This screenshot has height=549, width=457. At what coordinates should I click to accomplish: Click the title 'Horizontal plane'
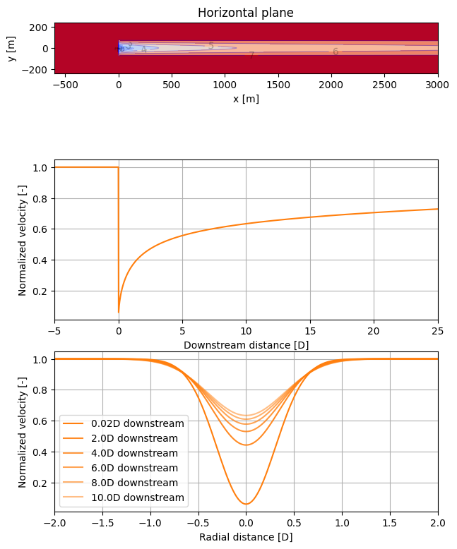[246, 13]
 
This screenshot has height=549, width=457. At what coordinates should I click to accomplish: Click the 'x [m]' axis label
[246, 98]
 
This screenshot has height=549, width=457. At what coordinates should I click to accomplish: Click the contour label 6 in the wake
[336, 52]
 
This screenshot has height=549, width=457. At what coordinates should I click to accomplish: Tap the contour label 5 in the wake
[210, 46]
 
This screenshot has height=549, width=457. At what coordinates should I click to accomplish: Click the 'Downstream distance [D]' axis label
[246, 345]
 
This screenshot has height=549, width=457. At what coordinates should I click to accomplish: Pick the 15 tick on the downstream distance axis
[310, 332]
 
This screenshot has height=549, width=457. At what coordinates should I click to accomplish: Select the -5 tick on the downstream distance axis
[54, 332]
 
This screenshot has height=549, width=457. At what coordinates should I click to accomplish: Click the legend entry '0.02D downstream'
[137, 423]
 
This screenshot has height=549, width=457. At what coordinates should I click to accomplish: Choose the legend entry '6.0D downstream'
[137, 468]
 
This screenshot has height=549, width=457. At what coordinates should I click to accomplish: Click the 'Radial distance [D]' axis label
[246, 537]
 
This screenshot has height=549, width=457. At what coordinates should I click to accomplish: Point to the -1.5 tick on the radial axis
[102, 524]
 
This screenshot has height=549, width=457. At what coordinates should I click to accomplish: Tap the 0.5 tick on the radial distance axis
[294, 524]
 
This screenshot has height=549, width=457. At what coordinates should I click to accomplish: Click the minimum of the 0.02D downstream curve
[246, 504]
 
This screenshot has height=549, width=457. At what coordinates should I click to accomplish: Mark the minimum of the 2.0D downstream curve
[246, 445]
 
